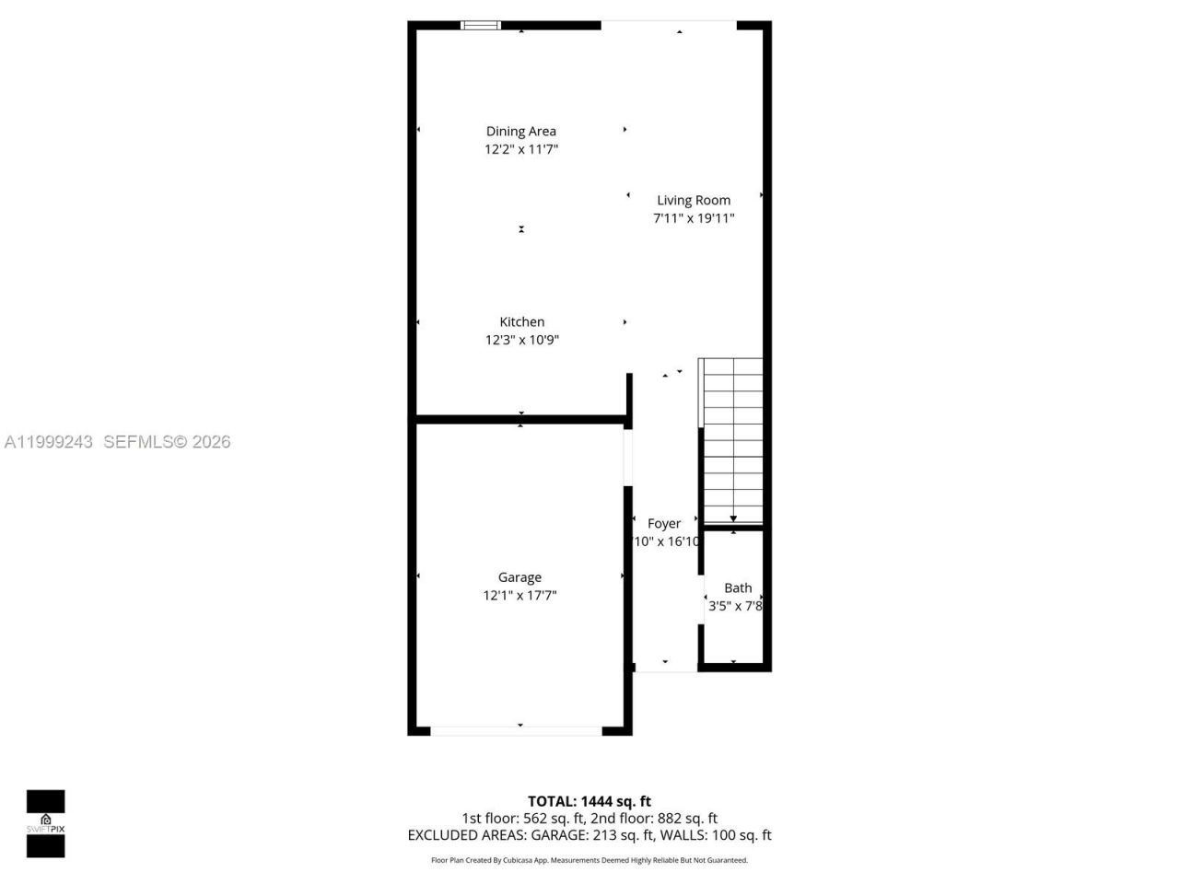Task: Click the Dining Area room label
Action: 521,132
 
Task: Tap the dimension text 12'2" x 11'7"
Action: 521,149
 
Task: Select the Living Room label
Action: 694,201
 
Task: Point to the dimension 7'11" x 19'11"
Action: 694,218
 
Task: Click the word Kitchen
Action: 522,322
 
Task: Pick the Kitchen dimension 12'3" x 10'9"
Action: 522,340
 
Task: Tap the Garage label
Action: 519,577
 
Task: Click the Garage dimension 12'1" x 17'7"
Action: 519,596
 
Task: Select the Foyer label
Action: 664,524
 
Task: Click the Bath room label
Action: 738,588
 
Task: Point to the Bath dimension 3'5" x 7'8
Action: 735,606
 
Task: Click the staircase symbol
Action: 732,442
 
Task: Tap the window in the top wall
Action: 481,25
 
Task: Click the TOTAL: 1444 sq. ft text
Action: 589,801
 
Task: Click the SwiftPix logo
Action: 45,823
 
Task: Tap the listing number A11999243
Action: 49,442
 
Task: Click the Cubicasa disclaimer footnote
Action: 589,861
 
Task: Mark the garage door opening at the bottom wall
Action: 517,730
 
